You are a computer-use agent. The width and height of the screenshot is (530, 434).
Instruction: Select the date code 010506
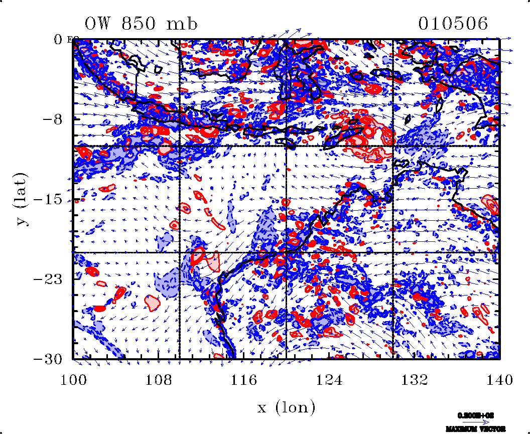[453, 24]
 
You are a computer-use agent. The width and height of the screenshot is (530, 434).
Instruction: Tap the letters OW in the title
[98, 24]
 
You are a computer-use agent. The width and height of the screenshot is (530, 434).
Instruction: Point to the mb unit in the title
[183, 24]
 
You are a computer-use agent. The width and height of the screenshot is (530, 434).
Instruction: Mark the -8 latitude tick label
[53, 119]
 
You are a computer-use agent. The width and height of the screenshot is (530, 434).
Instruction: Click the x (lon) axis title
[287, 407]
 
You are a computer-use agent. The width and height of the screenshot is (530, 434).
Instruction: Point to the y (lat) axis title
[22, 199]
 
